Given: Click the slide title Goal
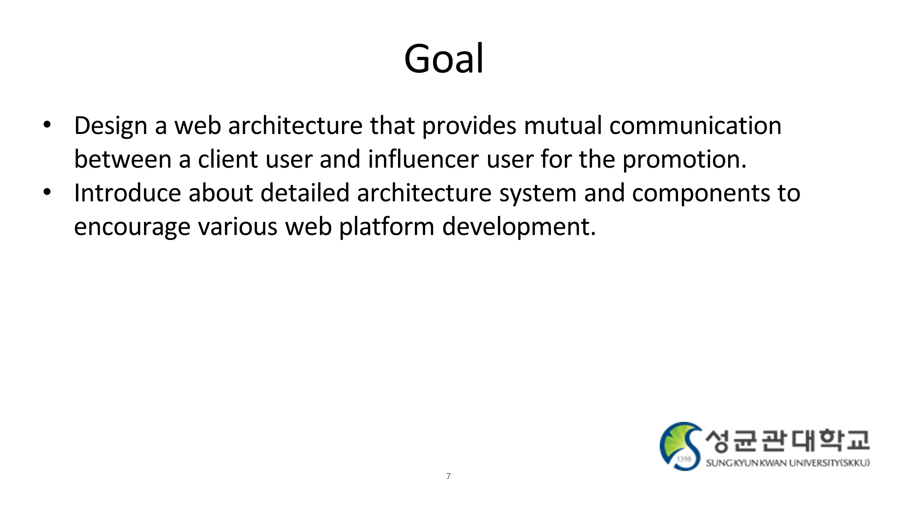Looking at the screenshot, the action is tap(444, 59).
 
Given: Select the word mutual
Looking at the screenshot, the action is tap(563, 125).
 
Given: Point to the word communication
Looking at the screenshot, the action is tap(696, 125).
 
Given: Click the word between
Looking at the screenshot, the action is tap(123, 159).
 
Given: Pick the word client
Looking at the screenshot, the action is tap(228, 159).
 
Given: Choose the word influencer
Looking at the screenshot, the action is tap(423, 159).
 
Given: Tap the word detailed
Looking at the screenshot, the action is tap(305, 193).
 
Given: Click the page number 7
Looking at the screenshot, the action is tap(448, 476).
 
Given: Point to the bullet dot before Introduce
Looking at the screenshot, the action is tap(47, 192).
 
